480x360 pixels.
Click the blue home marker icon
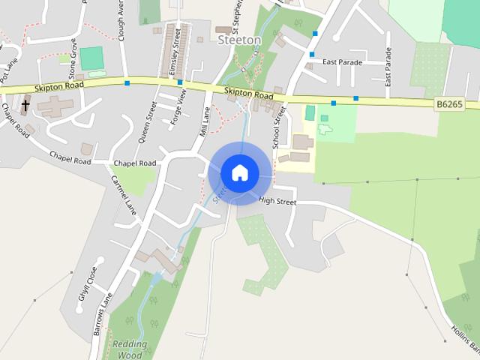[x=240, y=172]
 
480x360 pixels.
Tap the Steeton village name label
[x=239, y=40]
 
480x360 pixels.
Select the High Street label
[x=277, y=201]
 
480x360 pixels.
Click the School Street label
[x=280, y=126]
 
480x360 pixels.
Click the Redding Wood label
[x=130, y=350]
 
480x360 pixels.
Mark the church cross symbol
[x=25, y=106]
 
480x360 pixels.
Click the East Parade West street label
[x=388, y=67]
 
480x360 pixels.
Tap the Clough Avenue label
[x=121, y=15]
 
